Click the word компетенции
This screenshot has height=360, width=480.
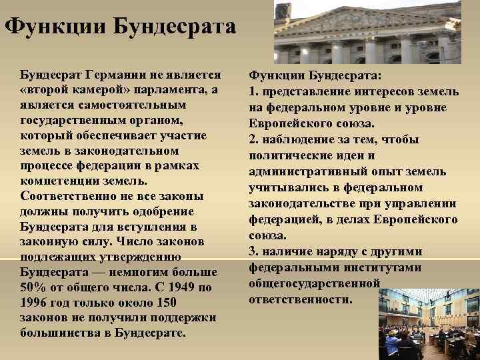pos(59,181)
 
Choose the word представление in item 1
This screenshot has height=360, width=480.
pos(304,91)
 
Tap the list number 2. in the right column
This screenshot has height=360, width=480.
pos(253,140)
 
